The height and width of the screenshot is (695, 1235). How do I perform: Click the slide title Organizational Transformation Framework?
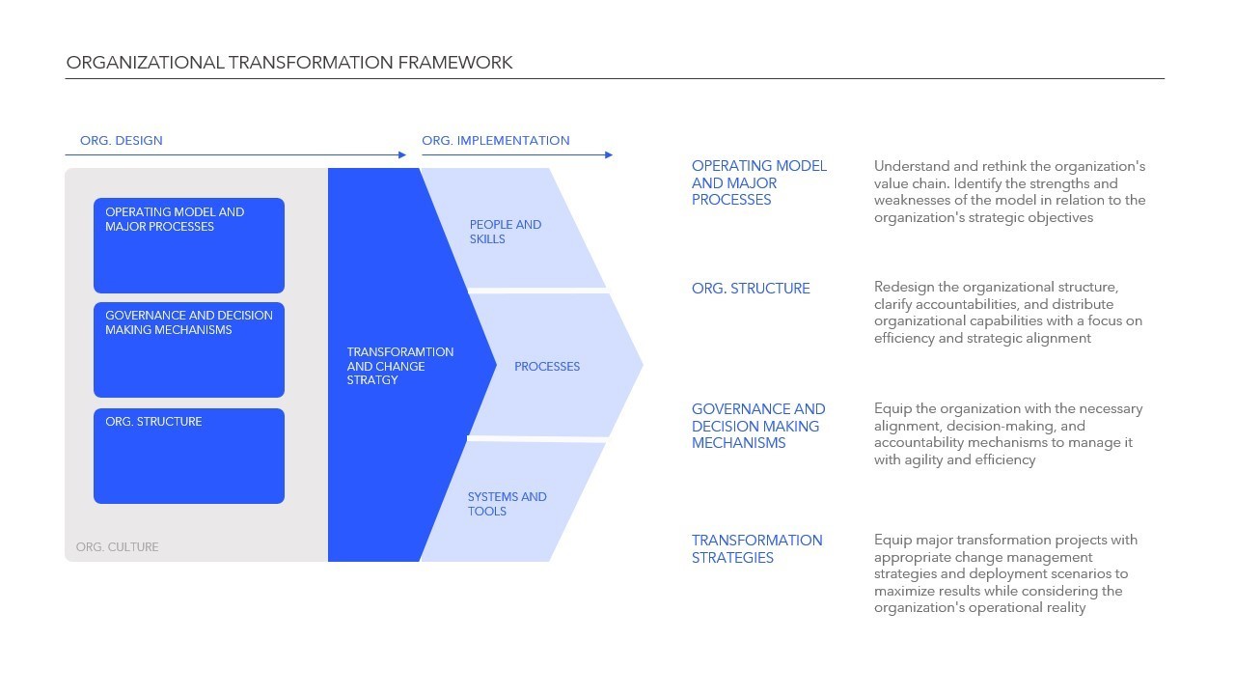coord(289,63)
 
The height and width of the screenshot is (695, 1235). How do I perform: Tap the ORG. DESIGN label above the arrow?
coord(122,141)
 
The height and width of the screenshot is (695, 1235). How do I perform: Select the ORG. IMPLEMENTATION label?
coord(496,141)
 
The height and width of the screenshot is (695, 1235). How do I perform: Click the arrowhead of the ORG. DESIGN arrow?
coord(402,154)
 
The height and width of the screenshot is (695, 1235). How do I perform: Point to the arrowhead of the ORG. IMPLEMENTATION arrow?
coord(608,154)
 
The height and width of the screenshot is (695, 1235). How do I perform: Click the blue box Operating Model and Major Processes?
coord(189,245)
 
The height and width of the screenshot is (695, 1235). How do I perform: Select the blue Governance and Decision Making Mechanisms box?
coord(189,349)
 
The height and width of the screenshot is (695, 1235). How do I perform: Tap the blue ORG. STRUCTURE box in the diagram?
coord(189,456)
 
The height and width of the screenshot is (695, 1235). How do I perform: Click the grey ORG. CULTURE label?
coord(118,547)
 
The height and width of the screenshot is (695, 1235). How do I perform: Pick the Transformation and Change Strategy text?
coord(399,366)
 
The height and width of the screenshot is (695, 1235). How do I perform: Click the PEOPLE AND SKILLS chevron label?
coord(506,232)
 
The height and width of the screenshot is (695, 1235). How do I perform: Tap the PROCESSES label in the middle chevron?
coord(547,367)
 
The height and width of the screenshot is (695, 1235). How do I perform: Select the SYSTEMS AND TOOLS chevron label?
coord(507,504)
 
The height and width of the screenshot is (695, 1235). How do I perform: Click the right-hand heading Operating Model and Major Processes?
coord(758,182)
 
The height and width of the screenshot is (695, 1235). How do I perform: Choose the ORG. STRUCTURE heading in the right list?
coord(751,289)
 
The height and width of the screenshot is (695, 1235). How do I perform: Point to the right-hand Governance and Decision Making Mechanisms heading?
coord(758,426)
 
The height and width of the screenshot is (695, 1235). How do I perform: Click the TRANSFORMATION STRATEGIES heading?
coord(756,548)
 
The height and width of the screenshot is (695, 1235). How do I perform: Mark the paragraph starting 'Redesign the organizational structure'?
coord(1007,313)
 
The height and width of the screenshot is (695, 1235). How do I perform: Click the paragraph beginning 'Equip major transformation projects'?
coord(1004,573)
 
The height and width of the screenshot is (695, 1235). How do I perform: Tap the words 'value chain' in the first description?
coord(909,183)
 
